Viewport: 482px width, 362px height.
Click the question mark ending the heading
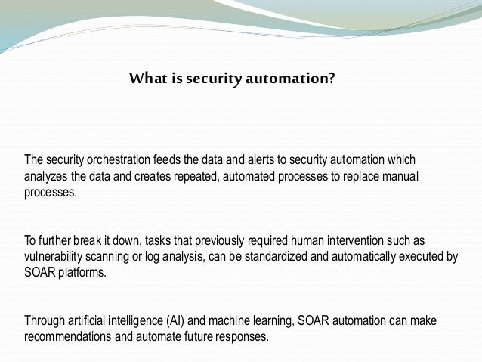[x=331, y=78]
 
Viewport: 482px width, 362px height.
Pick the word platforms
[x=80, y=273]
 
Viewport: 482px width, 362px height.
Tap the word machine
[x=244, y=321]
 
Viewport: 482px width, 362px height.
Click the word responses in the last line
[x=241, y=337]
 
